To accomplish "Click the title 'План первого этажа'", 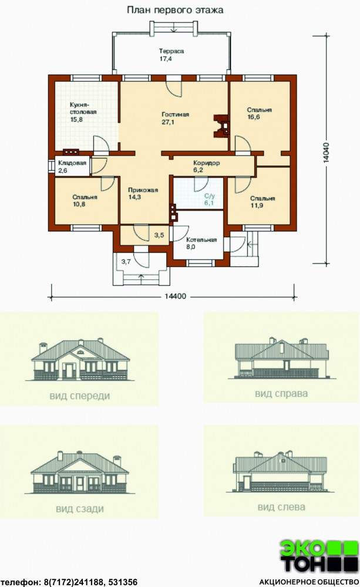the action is point(175,10).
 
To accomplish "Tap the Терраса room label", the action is point(171,51).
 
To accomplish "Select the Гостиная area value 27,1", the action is point(168,122).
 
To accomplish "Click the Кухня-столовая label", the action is point(83,109).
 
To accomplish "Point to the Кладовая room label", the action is point(72,163).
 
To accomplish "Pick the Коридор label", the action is point(206,163).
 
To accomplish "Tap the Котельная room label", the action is point(201,239).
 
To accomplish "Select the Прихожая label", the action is point(143,190).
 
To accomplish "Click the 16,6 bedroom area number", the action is point(254,117).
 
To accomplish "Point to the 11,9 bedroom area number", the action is point(257,205).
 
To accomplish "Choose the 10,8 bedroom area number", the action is point(79,204).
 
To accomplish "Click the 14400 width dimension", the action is point(175,296).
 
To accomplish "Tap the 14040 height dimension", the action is point(327,153).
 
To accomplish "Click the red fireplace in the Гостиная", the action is point(221,126).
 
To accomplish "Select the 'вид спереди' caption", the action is point(80,396).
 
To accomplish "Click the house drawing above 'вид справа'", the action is point(281,358).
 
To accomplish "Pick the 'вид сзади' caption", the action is point(80,509).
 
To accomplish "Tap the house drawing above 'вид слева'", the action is point(280,471).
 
